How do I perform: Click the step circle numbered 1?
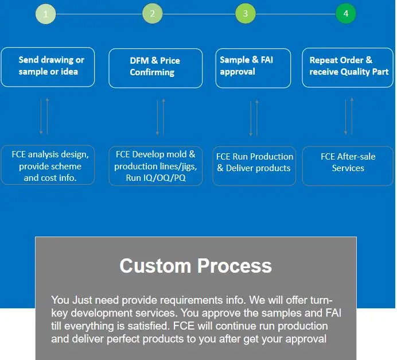tap(45, 14)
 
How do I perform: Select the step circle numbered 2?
tap(152, 14)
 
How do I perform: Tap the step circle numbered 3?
tap(246, 14)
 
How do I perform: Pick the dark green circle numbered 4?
tap(345, 14)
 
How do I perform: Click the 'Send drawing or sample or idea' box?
tap(48, 67)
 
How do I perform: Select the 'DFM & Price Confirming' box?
tap(155, 68)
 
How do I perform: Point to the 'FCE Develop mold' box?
tap(155, 166)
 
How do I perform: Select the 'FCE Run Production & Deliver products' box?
tap(254, 166)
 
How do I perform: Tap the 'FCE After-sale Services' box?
tap(348, 166)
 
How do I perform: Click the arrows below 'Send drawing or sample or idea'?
tap(44, 117)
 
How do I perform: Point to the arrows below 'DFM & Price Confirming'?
tap(160, 118)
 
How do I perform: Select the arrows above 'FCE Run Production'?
tap(254, 118)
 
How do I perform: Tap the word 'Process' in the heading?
tap(235, 266)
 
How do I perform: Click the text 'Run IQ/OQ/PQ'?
tap(155, 179)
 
